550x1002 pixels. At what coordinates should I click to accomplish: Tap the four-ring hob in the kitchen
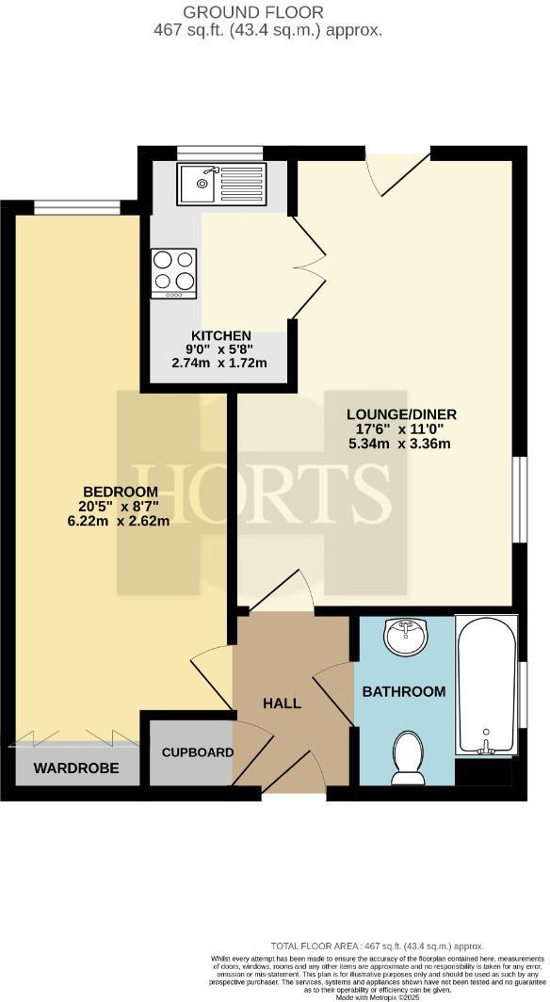[174, 271]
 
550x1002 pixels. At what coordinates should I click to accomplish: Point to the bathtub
[486, 685]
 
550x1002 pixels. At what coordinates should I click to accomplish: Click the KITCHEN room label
[221, 336]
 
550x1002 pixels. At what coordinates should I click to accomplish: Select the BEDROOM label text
[121, 492]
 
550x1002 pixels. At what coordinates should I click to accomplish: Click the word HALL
[282, 703]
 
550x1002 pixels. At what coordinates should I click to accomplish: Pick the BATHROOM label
[404, 691]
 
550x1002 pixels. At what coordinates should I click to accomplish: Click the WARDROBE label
[76, 768]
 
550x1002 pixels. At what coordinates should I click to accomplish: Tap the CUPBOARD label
[197, 752]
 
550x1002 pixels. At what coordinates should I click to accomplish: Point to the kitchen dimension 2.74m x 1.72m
[218, 363]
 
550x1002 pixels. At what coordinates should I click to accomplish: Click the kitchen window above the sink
[207, 152]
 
